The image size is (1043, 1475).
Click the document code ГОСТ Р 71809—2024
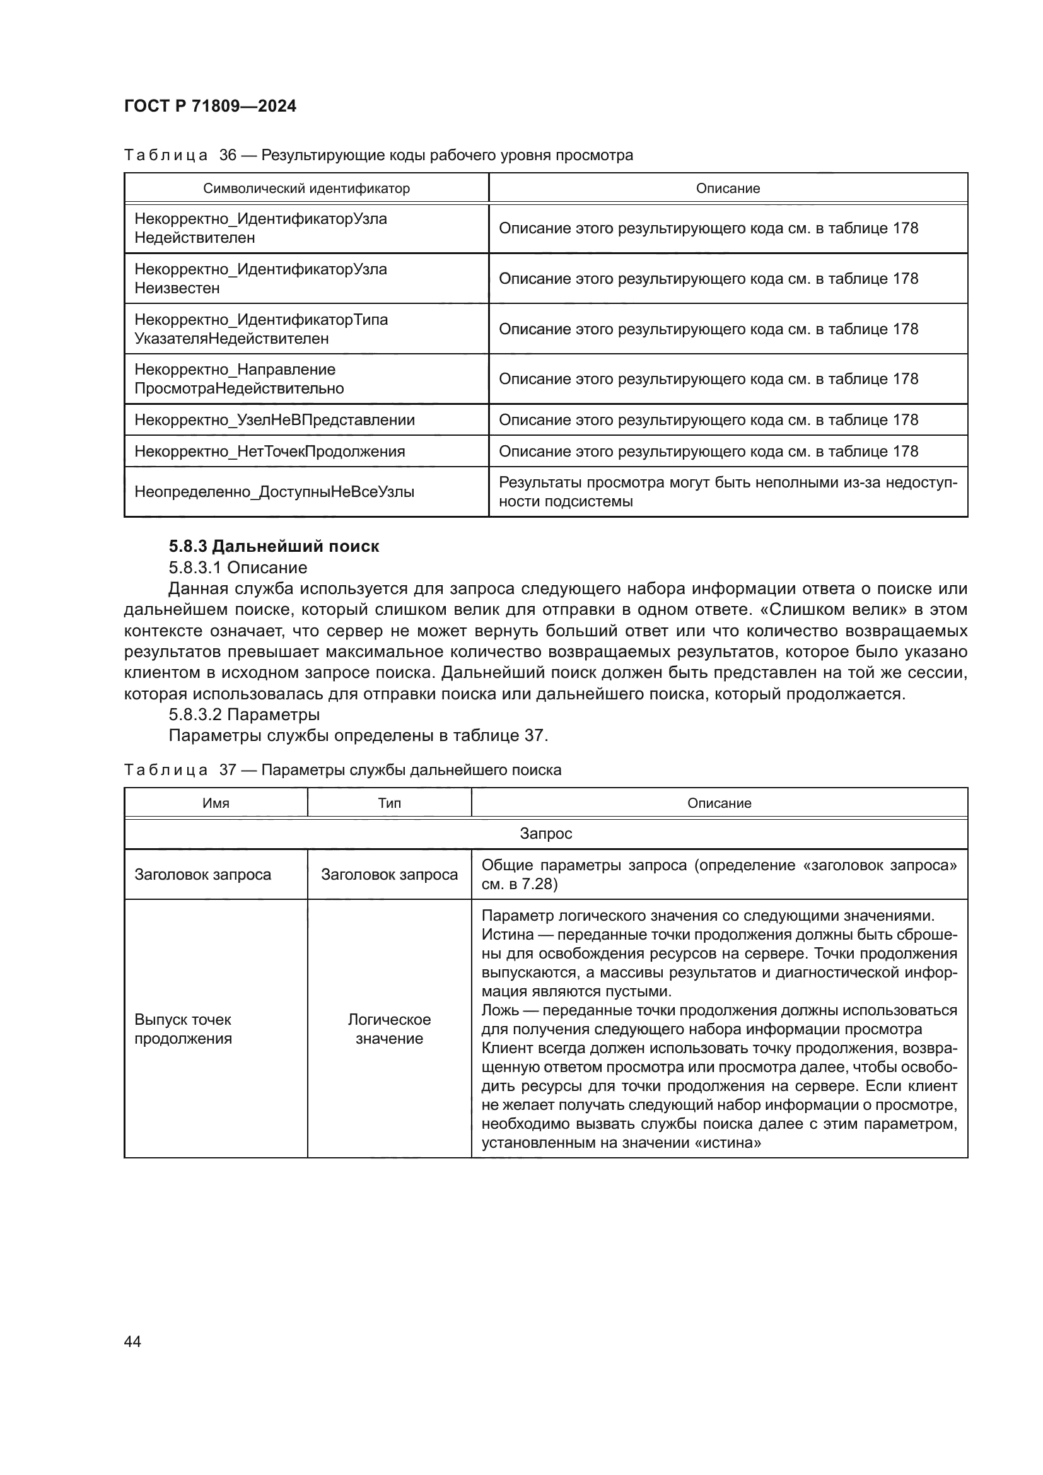click(210, 106)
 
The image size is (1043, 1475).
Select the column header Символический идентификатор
click(306, 188)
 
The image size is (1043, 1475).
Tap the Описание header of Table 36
click(728, 188)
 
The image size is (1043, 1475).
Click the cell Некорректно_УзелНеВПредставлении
click(274, 419)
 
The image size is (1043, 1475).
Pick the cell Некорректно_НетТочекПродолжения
click(270, 451)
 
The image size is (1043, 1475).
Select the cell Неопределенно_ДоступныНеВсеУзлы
click(274, 492)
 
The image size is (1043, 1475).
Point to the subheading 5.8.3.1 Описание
click(238, 568)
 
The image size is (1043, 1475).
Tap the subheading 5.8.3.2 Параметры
click(244, 714)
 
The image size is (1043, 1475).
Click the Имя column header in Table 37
click(216, 803)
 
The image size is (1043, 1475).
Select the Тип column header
click(389, 803)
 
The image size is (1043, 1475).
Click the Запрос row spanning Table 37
click(545, 833)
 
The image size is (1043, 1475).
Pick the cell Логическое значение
click(389, 1029)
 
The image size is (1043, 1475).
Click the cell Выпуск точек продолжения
click(183, 1029)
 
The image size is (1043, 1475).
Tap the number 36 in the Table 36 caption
click(228, 155)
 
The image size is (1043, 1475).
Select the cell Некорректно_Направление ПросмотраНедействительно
click(239, 379)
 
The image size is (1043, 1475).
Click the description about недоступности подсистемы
click(728, 492)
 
